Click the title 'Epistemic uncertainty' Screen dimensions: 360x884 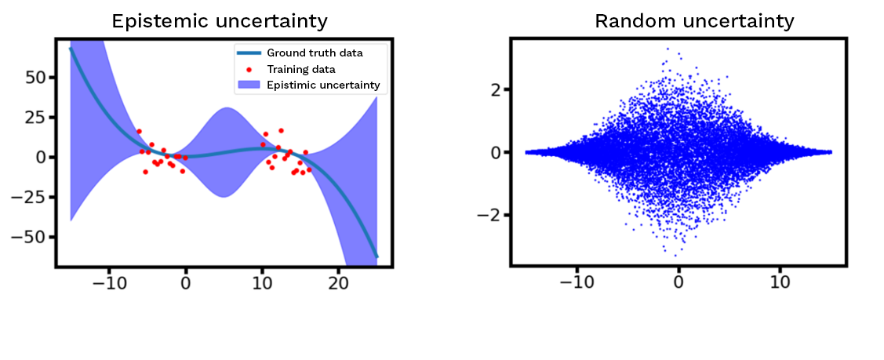tap(220, 21)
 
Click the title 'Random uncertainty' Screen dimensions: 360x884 tap(694, 21)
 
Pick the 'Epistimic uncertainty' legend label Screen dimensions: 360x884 tap(323, 85)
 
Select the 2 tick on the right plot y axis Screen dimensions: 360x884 tap(496, 89)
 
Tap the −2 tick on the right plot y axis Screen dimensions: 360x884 tap(491, 215)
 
